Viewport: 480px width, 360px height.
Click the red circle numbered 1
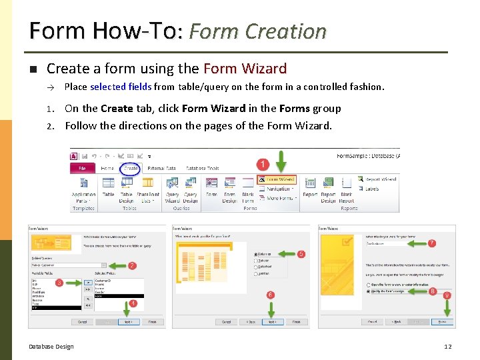tap(264, 163)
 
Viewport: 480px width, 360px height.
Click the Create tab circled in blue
tap(131, 169)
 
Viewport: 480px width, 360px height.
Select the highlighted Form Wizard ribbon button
tap(277, 179)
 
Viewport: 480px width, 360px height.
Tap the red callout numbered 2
tap(133, 265)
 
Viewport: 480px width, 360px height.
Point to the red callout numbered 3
tap(59, 283)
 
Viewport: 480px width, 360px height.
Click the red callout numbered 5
tap(302, 254)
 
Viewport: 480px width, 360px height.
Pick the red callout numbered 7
tap(432, 243)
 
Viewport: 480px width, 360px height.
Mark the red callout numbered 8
tap(433, 291)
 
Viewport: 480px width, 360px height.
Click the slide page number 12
tap(448, 346)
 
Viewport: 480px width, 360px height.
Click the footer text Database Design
tap(51, 346)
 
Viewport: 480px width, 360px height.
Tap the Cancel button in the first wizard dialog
tap(83, 322)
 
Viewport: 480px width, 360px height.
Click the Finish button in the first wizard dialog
tap(152, 322)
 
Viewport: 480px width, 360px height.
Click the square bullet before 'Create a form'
tap(32, 69)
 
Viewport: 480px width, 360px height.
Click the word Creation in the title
tap(286, 31)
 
